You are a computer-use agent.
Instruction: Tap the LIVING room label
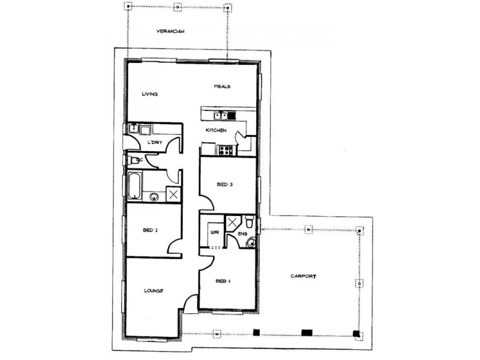(149, 94)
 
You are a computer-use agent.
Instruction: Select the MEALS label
(223, 87)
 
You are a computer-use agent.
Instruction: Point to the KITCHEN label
(215, 130)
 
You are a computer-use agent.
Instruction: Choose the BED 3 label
(224, 185)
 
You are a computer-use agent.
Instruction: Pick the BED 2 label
(150, 230)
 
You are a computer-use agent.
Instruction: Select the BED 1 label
(223, 280)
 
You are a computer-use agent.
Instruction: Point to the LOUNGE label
(154, 291)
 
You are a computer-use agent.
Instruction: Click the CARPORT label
(302, 277)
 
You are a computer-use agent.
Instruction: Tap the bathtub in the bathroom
(133, 186)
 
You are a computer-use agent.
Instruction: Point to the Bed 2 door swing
(175, 247)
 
